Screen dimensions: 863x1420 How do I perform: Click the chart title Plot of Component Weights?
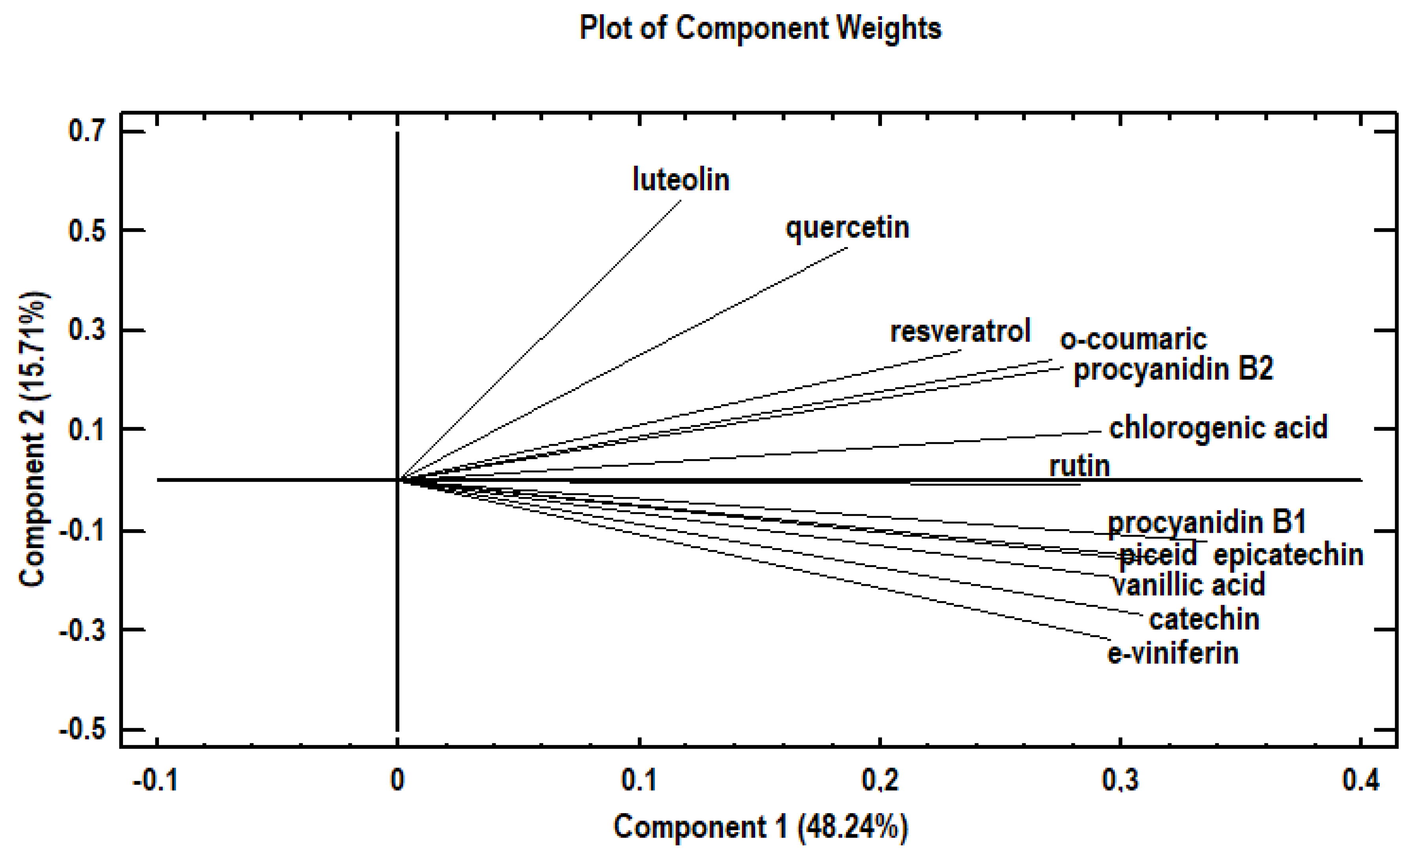pos(759,28)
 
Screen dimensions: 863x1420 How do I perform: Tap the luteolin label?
pos(681,179)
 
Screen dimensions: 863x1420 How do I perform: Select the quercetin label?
pos(847,228)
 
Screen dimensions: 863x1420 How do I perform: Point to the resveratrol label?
pos(959,331)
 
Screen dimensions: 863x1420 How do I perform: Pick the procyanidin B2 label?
pos(1173,369)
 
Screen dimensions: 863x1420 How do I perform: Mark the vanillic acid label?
pos(1188,585)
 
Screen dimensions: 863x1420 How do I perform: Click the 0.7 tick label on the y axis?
pos(87,131)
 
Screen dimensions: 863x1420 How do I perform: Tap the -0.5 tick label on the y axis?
pos(82,730)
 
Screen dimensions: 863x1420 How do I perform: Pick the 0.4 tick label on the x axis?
pos(1361,780)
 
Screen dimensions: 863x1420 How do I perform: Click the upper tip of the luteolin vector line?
pos(681,200)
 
